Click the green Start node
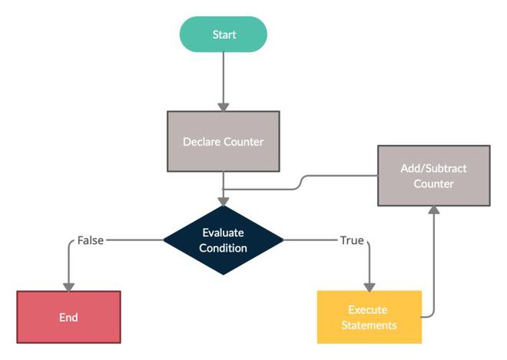(x=224, y=35)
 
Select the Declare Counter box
(x=223, y=141)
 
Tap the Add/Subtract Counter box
(x=433, y=176)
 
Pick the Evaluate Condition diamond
(x=224, y=239)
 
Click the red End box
(x=68, y=317)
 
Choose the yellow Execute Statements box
(x=369, y=317)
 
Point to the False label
(x=91, y=240)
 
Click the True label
(x=352, y=240)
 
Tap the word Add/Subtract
(x=434, y=168)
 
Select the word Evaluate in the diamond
(x=224, y=233)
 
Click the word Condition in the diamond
(x=224, y=248)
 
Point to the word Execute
(x=369, y=310)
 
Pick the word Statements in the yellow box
(x=369, y=325)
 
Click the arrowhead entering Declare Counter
(x=224, y=106)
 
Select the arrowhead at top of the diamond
(x=224, y=200)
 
